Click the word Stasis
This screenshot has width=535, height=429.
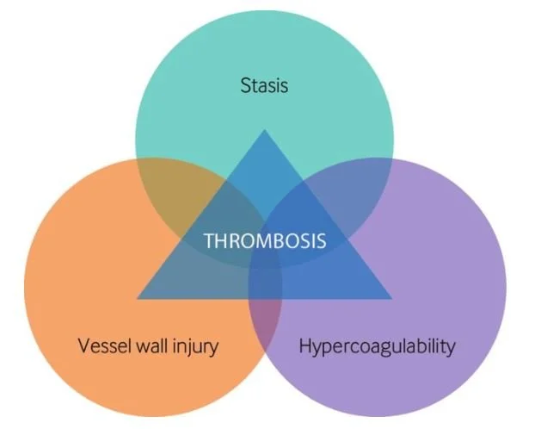click(264, 85)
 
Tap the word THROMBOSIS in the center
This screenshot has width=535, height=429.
click(265, 240)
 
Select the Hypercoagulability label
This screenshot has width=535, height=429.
click(377, 347)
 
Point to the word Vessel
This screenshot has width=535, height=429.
click(101, 347)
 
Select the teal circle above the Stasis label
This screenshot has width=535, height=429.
click(264, 43)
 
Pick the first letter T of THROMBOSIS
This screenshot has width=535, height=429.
click(208, 240)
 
